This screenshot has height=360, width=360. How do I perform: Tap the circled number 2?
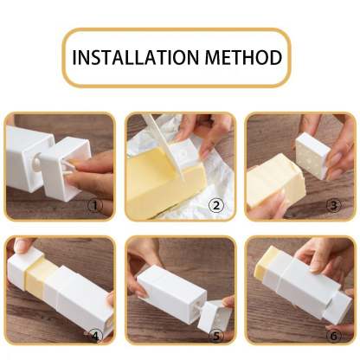(215, 208)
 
